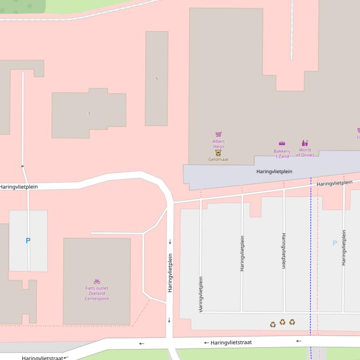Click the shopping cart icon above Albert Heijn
tap(218, 135)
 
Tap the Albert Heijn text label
tap(218, 144)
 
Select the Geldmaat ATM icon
tap(218, 153)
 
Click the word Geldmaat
tap(218, 159)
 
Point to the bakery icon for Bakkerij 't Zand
tap(282, 144)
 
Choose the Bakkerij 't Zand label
tap(282, 154)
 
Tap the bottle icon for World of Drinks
tap(305, 143)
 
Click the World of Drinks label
tap(305, 153)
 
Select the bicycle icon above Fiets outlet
tap(97, 281)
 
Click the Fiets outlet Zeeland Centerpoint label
tap(97, 294)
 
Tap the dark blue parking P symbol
tap(28, 241)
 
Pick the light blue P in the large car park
tap(334, 243)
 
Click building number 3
tap(88, 114)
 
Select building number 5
tap(156, 79)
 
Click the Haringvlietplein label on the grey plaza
tap(274, 172)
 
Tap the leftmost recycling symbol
tap(273, 324)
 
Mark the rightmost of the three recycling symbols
tap(292, 322)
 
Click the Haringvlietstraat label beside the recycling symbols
tap(230, 343)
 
